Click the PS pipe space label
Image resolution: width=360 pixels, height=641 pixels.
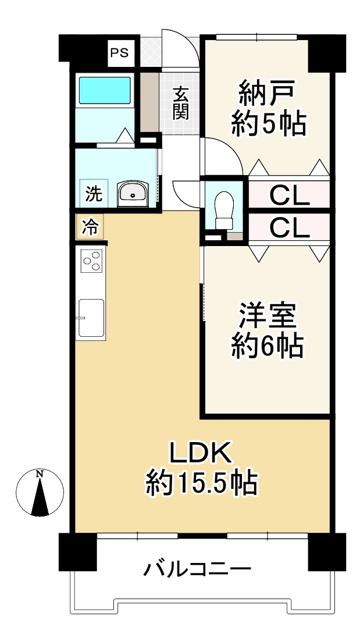pyautogui.click(x=120, y=53)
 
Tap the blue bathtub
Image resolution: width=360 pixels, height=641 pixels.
pyautogui.click(x=105, y=90)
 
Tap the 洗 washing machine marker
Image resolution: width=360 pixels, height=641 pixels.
pyautogui.click(x=94, y=193)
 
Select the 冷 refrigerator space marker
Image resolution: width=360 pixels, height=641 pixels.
pyautogui.click(x=90, y=227)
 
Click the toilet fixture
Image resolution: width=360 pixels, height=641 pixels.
pyautogui.click(x=223, y=210)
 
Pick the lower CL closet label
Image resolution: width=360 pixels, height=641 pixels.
pyautogui.click(x=290, y=229)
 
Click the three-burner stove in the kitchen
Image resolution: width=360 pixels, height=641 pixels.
pyautogui.click(x=91, y=261)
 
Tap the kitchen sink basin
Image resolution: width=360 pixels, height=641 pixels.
pyautogui.click(x=91, y=318)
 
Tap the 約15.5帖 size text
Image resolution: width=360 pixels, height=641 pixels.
pyautogui.click(x=202, y=483)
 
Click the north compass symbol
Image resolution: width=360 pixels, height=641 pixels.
pyautogui.click(x=40, y=493)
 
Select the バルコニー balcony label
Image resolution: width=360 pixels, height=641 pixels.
pyautogui.click(x=197, y=569)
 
